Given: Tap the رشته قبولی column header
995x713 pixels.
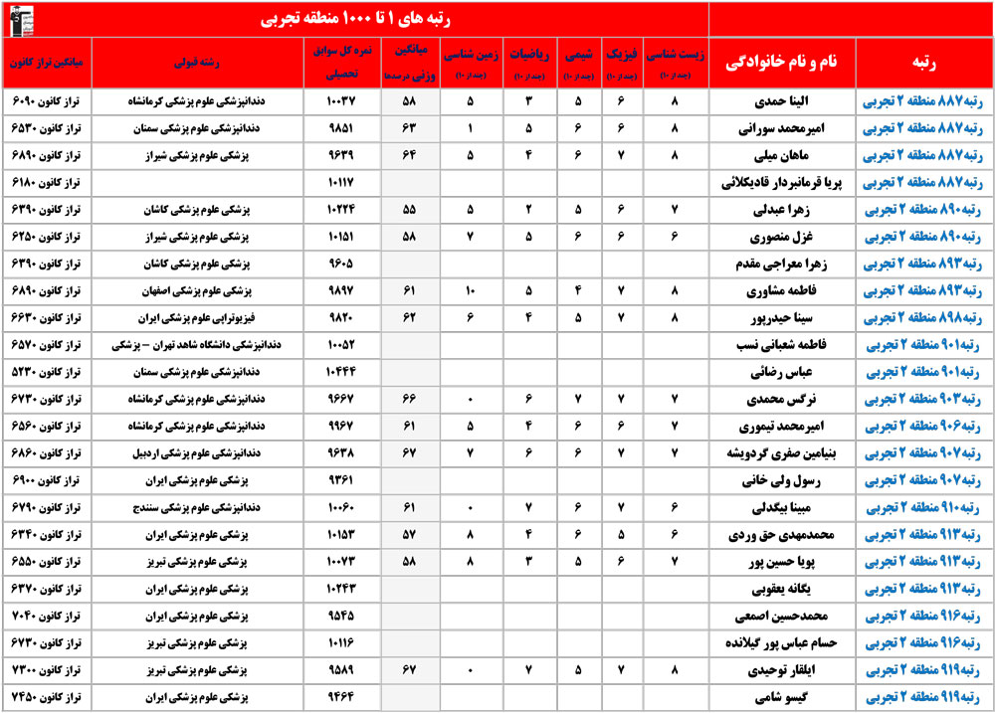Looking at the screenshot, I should (216, 62).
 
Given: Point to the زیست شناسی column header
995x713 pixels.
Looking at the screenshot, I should (676, 62).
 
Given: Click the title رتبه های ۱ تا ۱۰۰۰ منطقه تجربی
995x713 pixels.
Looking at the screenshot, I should (354, 18).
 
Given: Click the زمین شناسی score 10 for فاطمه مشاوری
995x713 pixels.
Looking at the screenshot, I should (471, 291).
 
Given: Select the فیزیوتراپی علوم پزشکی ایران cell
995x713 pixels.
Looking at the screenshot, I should (216, 318).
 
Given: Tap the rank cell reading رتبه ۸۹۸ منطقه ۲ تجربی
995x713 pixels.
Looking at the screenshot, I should (922, 318).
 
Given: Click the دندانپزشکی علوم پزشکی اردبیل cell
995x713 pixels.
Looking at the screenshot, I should (216, 453).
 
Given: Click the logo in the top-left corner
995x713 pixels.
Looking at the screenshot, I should (20, 18).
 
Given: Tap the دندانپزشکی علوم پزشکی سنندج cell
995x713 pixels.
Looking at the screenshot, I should (216, 508).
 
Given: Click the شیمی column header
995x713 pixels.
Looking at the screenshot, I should (576, 62).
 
